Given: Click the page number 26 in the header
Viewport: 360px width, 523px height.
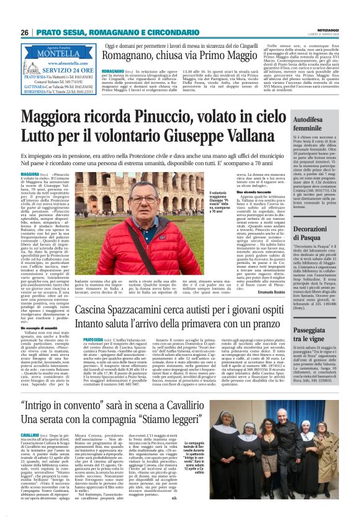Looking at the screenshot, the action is tap(24, 32).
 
